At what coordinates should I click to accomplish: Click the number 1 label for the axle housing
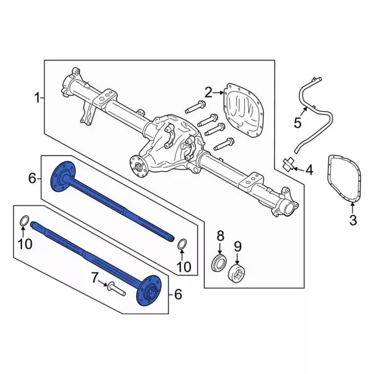(37, 97)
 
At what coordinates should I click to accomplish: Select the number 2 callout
(209, 91)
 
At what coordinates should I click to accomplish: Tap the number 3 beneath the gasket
(352, 220)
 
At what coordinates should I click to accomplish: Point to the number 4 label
(309, 170)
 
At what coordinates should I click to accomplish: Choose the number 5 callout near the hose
(297, 123)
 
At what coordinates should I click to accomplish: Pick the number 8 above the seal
(220, 236)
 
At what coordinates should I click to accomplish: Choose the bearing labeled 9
(239, 272)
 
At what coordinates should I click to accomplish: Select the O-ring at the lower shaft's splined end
(23, 221)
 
